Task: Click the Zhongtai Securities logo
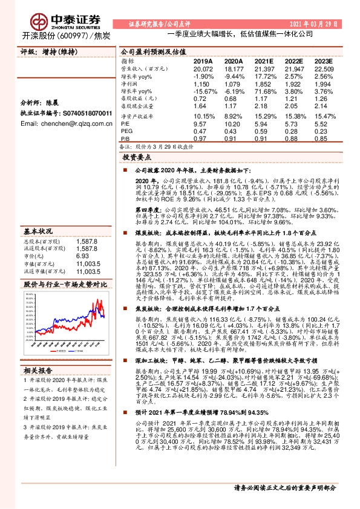click(61, 21)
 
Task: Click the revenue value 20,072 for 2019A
click(203, 69)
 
